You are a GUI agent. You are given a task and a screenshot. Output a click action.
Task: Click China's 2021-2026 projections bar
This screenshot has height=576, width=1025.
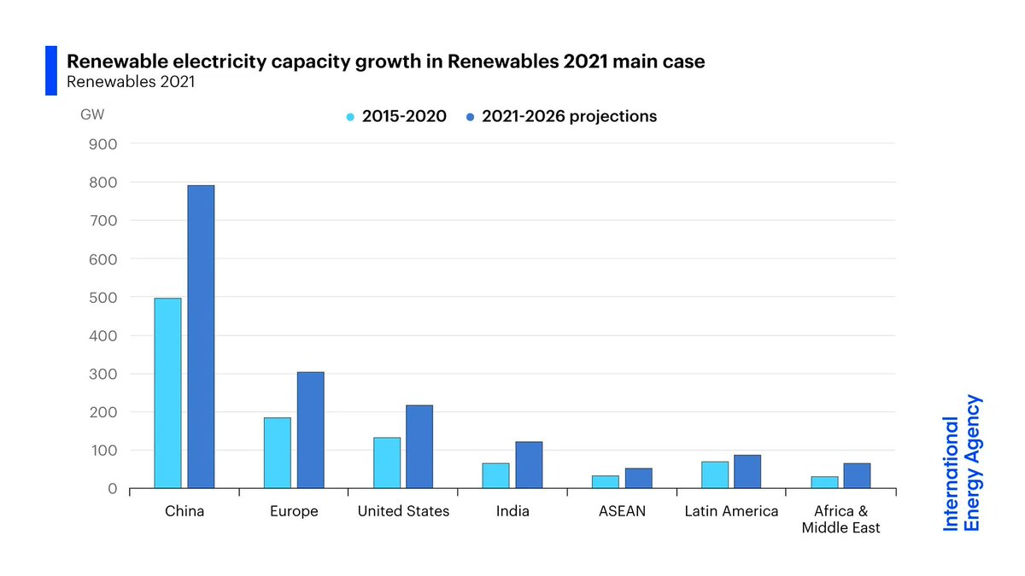[x=201, y=337]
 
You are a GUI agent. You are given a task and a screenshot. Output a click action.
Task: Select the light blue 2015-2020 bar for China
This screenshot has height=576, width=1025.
[x=167, y=393]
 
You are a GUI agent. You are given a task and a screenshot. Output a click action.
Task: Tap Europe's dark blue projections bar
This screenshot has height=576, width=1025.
[x=310, y=430]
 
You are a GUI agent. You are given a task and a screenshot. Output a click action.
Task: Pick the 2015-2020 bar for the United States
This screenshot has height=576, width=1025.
[x=386, y=463]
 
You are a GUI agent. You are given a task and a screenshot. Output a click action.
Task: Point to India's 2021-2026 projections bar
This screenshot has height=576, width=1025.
[x=529, y=465]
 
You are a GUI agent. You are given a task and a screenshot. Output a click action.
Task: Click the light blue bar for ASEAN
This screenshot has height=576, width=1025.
[x=605, y=482]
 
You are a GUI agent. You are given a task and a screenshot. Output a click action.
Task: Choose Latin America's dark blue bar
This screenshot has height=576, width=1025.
[x=747, y=472]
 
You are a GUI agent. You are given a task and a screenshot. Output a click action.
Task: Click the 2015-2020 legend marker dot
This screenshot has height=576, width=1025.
[x=350, y=117]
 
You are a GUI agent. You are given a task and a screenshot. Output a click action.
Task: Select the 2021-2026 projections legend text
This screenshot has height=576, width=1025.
[x=569, y=117]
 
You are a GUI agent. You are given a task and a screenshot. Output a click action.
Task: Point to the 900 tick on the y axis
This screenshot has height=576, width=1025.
[x=102, y=144]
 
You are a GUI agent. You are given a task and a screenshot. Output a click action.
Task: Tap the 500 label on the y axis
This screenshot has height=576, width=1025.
[x=102, y=297]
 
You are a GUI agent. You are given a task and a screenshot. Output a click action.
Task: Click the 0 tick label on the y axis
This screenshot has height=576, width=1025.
[x=112, y=489]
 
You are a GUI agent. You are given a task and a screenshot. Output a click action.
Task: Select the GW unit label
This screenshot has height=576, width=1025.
[x=92, y=113]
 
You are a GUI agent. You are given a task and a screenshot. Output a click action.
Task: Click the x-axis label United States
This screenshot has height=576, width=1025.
[x=403, y=512]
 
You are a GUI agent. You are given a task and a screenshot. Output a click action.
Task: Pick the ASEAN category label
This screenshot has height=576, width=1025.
[x=622, y=512]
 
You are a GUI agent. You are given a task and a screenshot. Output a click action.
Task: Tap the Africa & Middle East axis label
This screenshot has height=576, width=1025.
[x=840, y=520]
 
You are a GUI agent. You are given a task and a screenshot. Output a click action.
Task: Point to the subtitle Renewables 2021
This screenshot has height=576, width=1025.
[x=132, y=83]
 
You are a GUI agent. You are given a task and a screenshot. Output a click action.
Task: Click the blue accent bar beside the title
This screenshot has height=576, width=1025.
[x=50, y=71]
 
